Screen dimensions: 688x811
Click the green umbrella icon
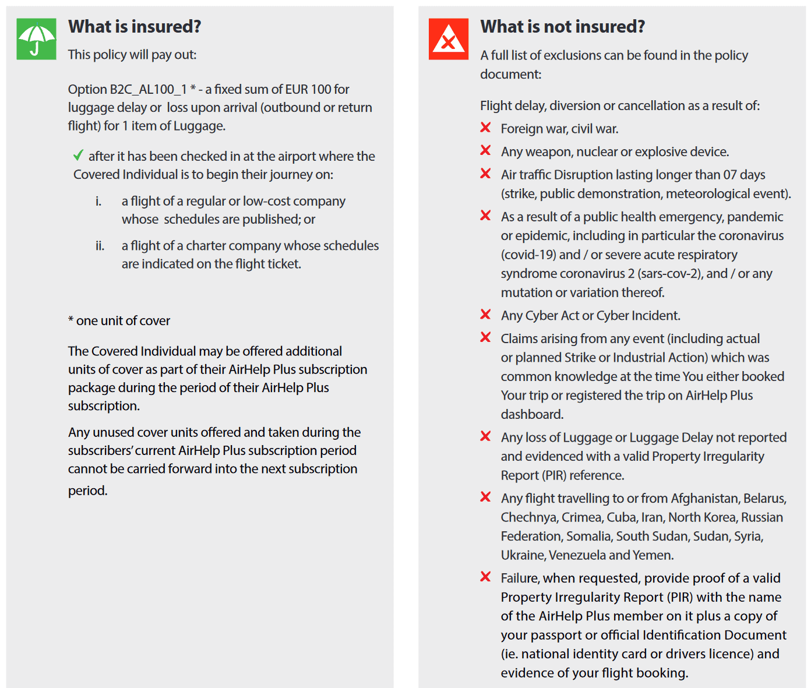[x=36, y=39]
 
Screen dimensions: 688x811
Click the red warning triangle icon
[x=448, y=39]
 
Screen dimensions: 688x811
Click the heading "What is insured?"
[x=135, y=27]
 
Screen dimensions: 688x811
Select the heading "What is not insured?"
[x=562, y=27]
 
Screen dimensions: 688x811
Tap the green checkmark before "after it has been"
[x=78, y=156]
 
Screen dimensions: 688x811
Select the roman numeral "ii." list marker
[x=100, y=246]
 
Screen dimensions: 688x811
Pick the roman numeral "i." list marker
[x=98, y=202]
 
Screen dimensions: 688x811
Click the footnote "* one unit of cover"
[x=119, y=320]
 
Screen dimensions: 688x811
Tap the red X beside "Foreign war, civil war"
[x=485, y=128]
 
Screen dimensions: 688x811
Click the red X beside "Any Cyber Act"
[x=485, y=315]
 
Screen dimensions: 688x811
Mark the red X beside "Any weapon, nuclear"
[x=485, y=150]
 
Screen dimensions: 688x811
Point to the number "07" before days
[x=730, y=175]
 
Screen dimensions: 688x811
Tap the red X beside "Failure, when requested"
[x=485, y=577]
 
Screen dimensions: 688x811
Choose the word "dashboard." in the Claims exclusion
[x=532, y=414]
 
